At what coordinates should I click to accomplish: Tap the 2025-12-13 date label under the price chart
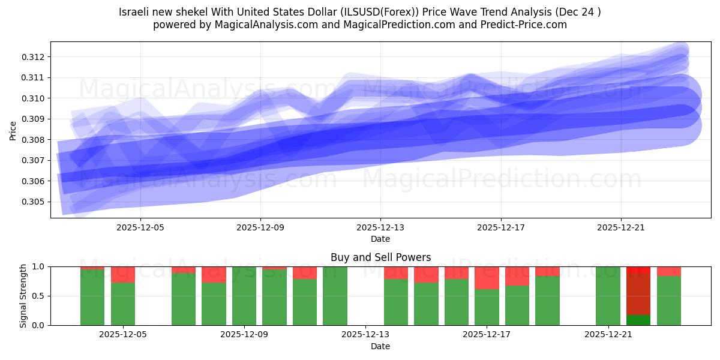click(380, 228)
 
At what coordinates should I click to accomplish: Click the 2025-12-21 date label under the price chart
click(620, 228)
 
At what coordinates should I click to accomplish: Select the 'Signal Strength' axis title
click(23, 296)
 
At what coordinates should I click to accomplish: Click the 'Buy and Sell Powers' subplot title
click(380, 257)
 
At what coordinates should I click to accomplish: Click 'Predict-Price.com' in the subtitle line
click(526, 25)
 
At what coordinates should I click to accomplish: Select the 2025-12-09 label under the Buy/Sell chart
click(245, 335)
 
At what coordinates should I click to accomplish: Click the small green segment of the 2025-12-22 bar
click(638, 320)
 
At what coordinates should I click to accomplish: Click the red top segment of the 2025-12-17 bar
click(487, 278)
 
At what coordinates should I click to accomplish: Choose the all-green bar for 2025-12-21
click(608, 296)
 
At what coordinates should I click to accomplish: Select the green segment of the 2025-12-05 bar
click(122, 304)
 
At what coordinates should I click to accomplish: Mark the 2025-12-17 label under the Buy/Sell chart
click(487, 335)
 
